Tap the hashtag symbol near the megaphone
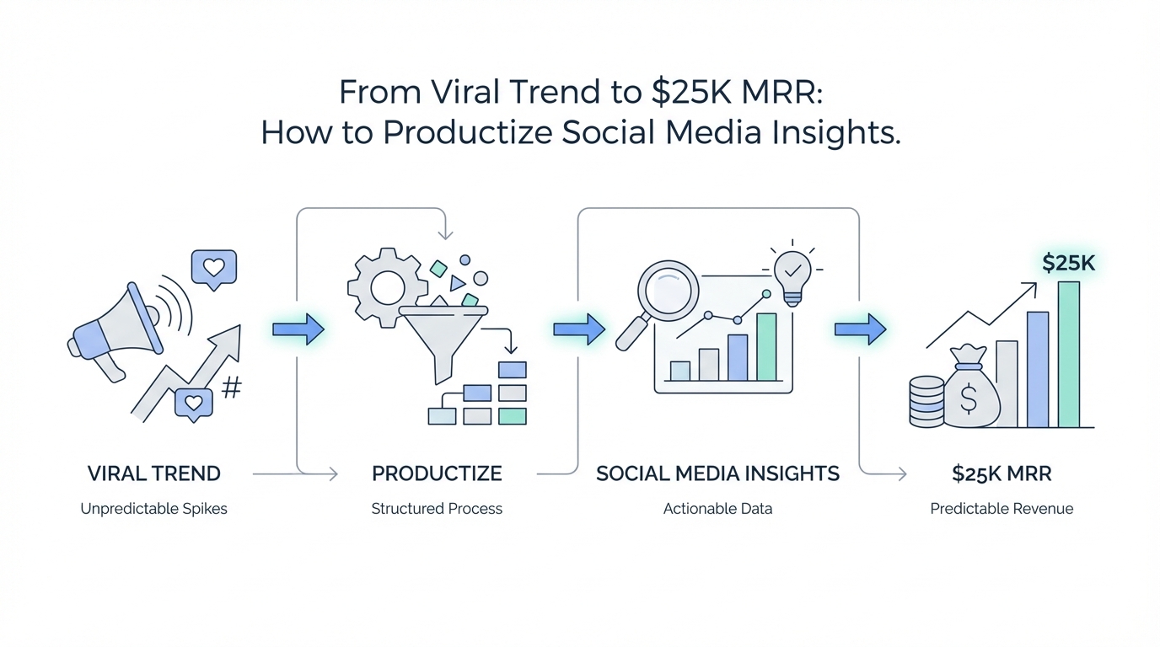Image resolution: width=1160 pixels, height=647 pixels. tap(232, 388)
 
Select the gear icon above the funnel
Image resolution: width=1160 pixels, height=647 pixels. tap(387, 288)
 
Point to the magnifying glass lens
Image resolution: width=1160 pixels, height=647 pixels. tap(668, 291)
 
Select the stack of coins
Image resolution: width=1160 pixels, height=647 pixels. tap(927, 402)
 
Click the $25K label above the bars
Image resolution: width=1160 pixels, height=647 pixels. tap(1068, 264)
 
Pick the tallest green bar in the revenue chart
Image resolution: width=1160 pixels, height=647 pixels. tap(1069, 355)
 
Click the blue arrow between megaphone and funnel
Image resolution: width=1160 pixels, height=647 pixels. tap(298, 329)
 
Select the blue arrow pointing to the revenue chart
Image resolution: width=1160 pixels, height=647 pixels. tap(860, 329)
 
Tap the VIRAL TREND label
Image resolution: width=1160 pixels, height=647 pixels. tap(153, 473)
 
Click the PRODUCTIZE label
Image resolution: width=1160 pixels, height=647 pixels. tap(437, 473)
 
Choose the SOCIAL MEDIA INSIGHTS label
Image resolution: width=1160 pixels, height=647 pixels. tap(717, 473)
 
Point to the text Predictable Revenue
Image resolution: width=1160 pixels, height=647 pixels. tap(1002, 509)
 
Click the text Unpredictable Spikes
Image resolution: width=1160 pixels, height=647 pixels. tap(153, 510)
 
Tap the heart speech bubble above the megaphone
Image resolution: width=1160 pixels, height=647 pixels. tap(214, 269)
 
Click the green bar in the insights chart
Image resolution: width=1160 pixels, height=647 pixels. tap(766, 347)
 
